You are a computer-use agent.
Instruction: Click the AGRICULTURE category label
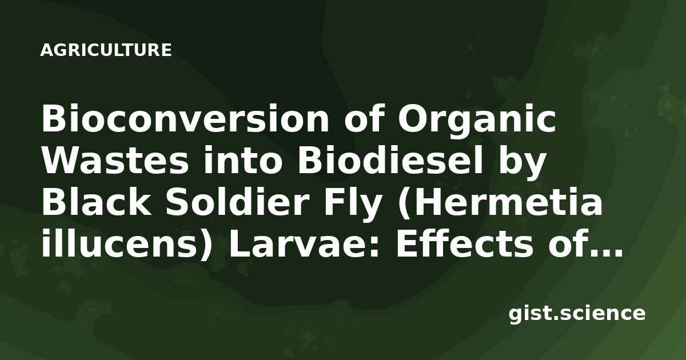tap(106, 50)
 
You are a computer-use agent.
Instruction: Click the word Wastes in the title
tap(115, 161)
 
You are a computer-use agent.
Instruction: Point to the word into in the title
tap(242, 160)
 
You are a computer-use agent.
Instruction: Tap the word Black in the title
tap(97, 201)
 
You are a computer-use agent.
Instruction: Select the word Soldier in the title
tap(237, 201)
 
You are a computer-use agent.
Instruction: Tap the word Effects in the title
tap(464, 242)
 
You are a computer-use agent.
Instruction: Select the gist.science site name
tap(577, 314)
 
